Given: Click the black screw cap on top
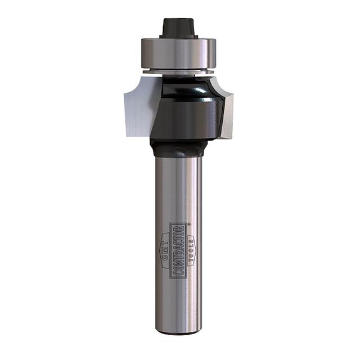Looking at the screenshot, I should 179,27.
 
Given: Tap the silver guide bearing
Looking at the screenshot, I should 179,52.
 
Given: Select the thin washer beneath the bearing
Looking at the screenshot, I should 179,71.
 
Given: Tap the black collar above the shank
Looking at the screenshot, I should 179,148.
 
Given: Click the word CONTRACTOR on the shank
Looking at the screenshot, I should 179,250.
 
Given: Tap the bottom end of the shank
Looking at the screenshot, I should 179,331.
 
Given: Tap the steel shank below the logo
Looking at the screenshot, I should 179,304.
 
